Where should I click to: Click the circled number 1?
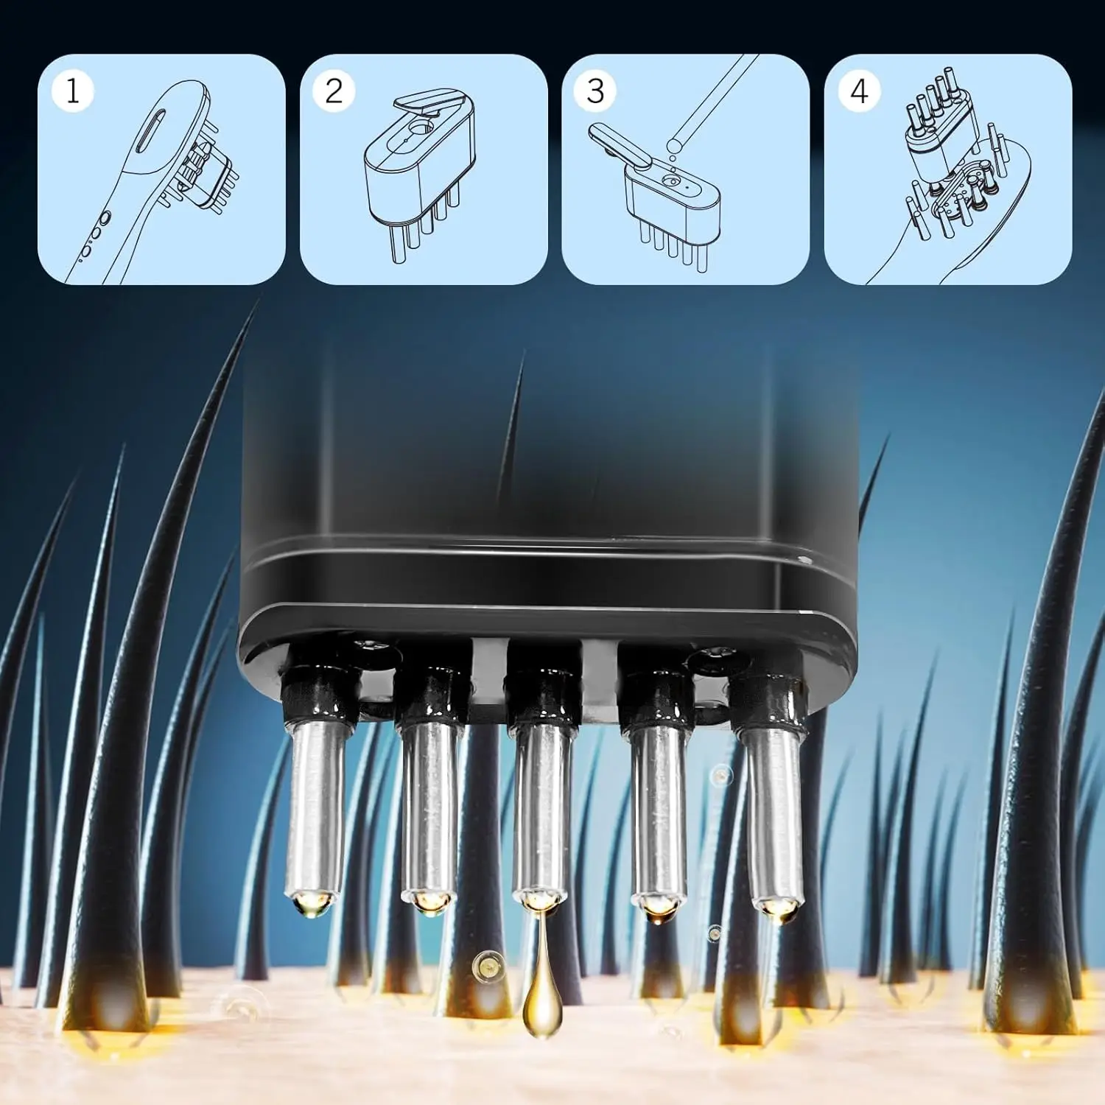tap(72, 91)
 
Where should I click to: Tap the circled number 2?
tap(334, 91)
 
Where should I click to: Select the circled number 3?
tap(595, 91)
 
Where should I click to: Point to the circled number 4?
tap(858, 91)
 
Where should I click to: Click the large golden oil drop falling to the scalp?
tap(541, 1006)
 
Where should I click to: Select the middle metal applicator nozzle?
tap(541, 810)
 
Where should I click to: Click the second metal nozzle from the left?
tap(429, 810)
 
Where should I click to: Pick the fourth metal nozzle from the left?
tap(658, 810)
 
